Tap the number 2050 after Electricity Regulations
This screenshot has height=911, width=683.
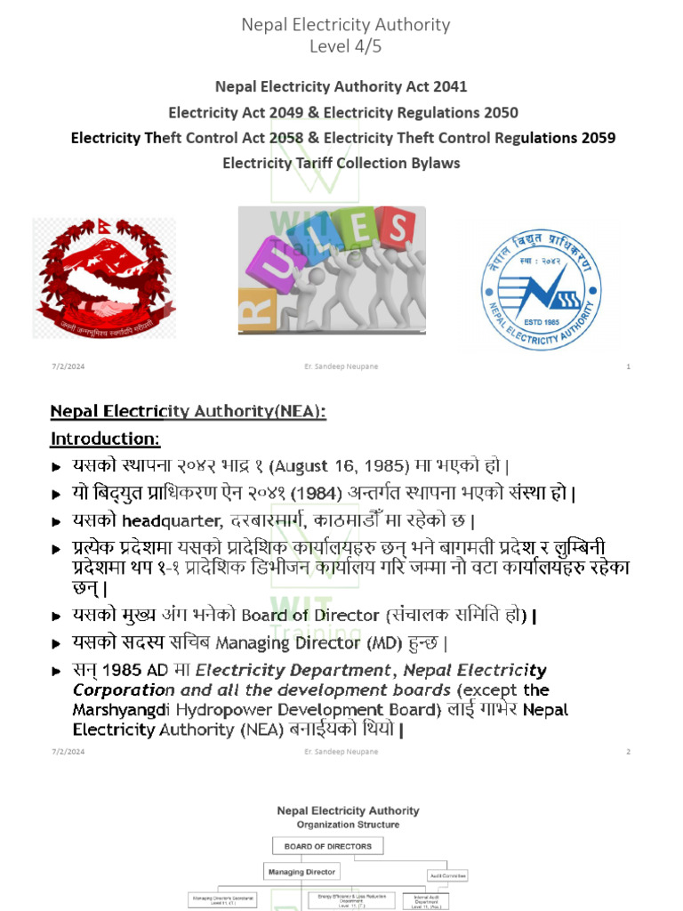[x=498, y=113]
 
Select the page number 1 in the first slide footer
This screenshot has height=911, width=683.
[x=629, y=367]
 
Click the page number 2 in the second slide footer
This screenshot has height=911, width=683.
[x=629, y=752]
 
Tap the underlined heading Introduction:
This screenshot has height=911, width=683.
[x=105, y=439]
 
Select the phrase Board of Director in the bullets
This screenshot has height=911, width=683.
[x=301, y=616]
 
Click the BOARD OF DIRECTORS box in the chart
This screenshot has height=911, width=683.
[x=328, y=845]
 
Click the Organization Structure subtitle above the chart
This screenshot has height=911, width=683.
[x=348, y=825]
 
